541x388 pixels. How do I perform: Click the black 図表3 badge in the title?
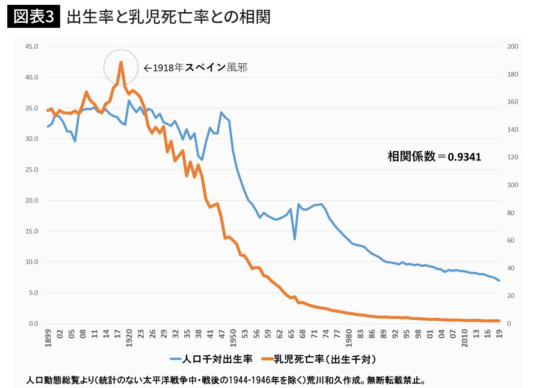click(34, 17)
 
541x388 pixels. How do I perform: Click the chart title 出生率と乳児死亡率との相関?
click(168, 17)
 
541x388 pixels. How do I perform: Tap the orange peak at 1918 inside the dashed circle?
click(121, 63)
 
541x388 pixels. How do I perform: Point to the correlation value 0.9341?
click(464, 156)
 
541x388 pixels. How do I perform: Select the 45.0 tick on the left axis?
click(31, 46)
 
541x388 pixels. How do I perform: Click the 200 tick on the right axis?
click(512, 46)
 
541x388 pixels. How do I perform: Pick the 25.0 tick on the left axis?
click(31, 169)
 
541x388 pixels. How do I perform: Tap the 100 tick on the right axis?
click(512, 185)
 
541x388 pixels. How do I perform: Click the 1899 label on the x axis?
click(48, 338)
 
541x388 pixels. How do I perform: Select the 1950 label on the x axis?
click(233, 338)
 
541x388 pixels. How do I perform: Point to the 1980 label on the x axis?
click(349, 338)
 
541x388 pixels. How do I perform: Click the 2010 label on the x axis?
click(465, 338)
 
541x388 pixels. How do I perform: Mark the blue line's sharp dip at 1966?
click(295, 239)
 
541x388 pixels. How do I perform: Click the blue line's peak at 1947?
click(221, 113)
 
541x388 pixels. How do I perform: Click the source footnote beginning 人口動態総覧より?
click(226, 380)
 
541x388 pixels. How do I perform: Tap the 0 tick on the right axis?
click(509, 323)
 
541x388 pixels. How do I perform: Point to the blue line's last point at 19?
click(499, 280)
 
